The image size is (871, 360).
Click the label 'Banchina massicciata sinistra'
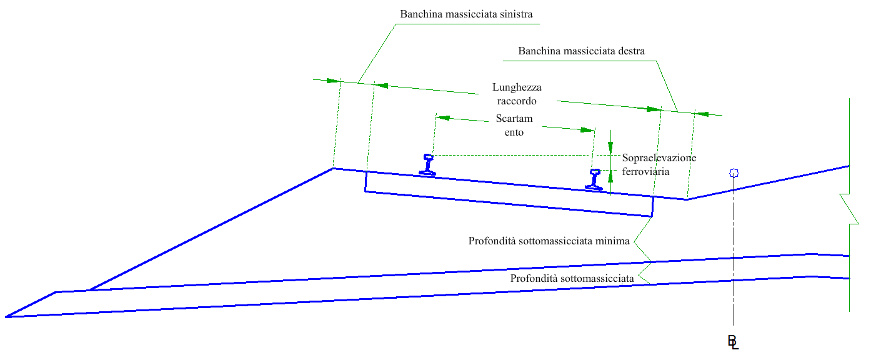pyautogui.click(x=466, y=13)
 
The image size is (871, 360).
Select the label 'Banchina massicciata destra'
pyautogui.click(x=581, y=51)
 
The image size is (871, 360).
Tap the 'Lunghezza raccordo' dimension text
pyautogui.click(x=517, y=94)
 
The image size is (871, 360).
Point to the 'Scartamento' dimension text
pyautogui.click(x=514, y=125)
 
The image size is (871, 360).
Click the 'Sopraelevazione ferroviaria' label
pyautogui.click(x=659, y=164)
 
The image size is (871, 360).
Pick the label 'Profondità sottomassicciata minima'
pyautogui.click(x=549, y=241)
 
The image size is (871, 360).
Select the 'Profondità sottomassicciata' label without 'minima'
pyautogui.click(x=572, y=278)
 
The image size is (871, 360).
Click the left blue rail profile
pyautogui.click(x=428, y=164)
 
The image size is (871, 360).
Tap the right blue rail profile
pyautogui.click(x=594, y=179)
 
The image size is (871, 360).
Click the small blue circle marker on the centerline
pyautogui.click(x=734, y=172)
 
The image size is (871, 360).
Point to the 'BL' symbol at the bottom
pyautogui.click(x=733, y=341)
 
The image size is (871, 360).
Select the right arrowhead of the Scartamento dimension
pyautogui.click(x=587, y=130)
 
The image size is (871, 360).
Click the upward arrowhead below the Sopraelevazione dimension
pyautogui.click(x=610, y=176)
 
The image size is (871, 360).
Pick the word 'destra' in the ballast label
pyautogui.click(x=629, y=51)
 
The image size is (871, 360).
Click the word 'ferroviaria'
pyautogui.click(x=646, y=171)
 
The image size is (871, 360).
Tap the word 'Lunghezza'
pyautogui.click(x=517, y=87)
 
